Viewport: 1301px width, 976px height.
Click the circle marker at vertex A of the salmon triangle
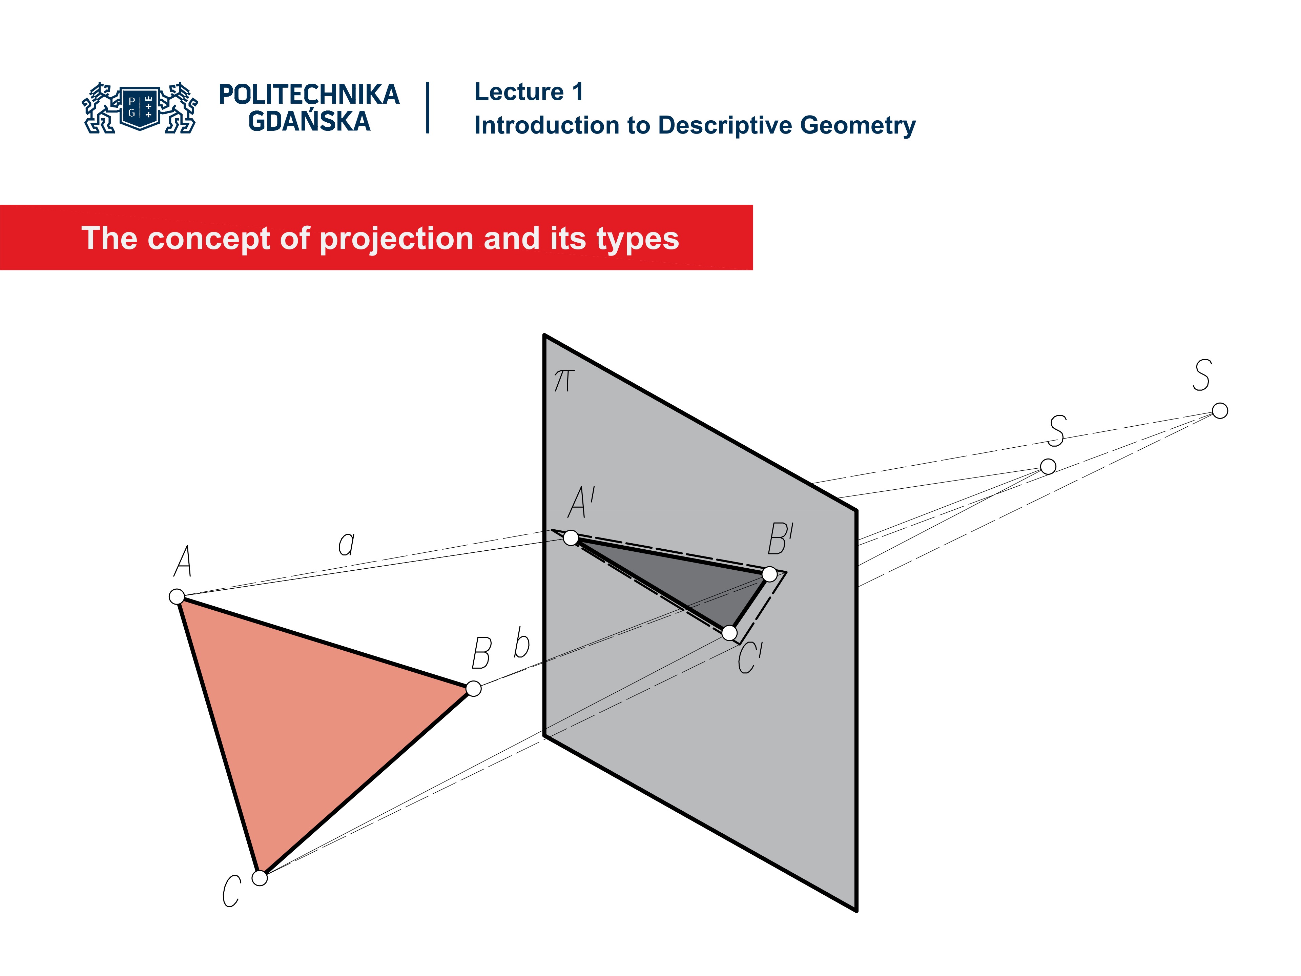point(177,596)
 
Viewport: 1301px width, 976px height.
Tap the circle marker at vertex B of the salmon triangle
point(473,688)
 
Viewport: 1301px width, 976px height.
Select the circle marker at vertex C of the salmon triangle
point(260,878)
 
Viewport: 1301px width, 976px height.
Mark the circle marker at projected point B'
point(769,574)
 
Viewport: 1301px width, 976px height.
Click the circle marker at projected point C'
point(729,633)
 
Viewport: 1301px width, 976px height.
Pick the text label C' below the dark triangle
point(750,657)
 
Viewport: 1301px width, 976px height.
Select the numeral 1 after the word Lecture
point(578,92)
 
